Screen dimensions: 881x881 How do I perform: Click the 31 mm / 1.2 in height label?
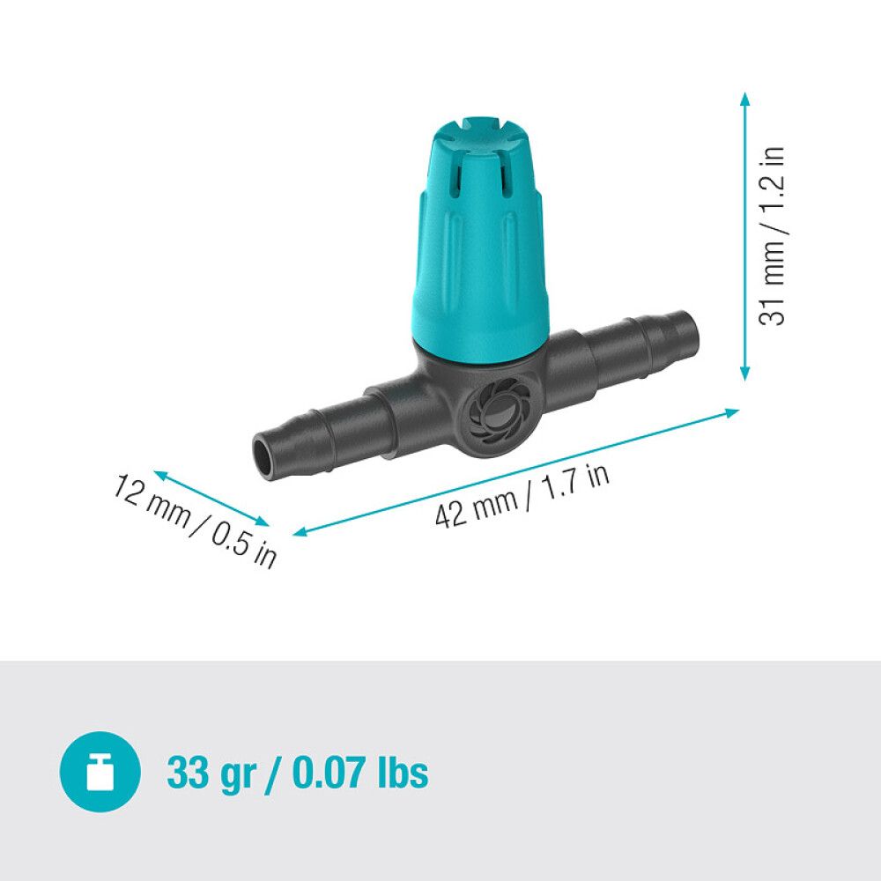(773, 236)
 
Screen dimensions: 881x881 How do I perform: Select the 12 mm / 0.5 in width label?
(195, 520)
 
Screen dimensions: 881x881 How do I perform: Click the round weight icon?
(100, 773)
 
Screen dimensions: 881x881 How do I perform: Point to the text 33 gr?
(211, 774)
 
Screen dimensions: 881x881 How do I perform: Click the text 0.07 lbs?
(359, 774)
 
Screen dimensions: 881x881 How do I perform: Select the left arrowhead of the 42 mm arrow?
(300, 531)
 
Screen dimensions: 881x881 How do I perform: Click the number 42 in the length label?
(450, 515)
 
